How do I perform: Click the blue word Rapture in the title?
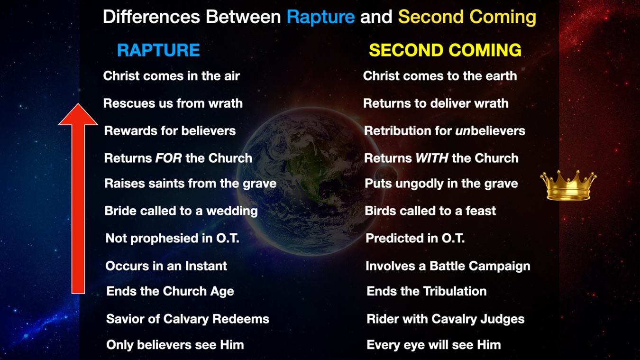pyautogui.click(x=320, y=18)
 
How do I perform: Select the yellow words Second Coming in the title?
pyautogui.click(x=466, y=18)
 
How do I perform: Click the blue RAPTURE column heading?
pyautogui.click(x=158, y=50)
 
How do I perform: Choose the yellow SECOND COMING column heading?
pyautogui.click(x=445, y=50)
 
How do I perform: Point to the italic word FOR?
pyautogui.click(x=169, y=158)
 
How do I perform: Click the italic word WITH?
pyautogui.click(x=432, y=158)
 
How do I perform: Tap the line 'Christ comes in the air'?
pyautogui.click(x=171, y=76)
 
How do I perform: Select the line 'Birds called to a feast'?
pyautogui.click(x=430, y=211)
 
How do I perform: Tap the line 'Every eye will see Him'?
pyautogui.click(x=433, y=345)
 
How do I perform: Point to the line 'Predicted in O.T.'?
pyautogui.click(x=415, y=238)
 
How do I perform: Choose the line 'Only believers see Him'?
pyautogui.click(x=175, y=345)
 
